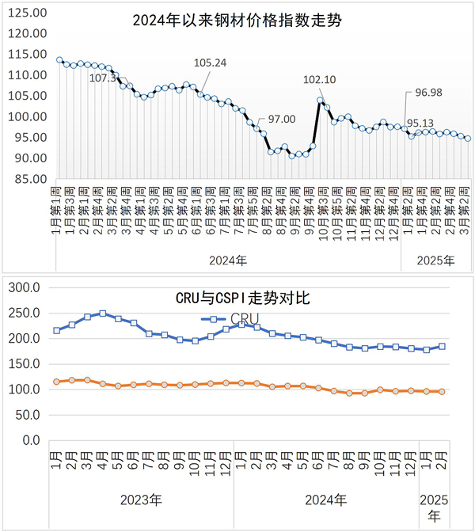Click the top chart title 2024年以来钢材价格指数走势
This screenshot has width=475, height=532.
click(237, 19)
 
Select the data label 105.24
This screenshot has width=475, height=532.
click(210, 63)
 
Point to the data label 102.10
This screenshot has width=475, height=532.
click(321, 79)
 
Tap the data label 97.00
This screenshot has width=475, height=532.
click(281, 119)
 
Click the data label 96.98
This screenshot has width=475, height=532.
click(428, 93)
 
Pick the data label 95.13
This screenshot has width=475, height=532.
click(420, 123)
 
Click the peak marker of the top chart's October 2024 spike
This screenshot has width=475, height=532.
click(321, 101)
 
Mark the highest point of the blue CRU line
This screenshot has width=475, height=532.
click(102, 313)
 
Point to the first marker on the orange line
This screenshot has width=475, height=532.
click(56, 382)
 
